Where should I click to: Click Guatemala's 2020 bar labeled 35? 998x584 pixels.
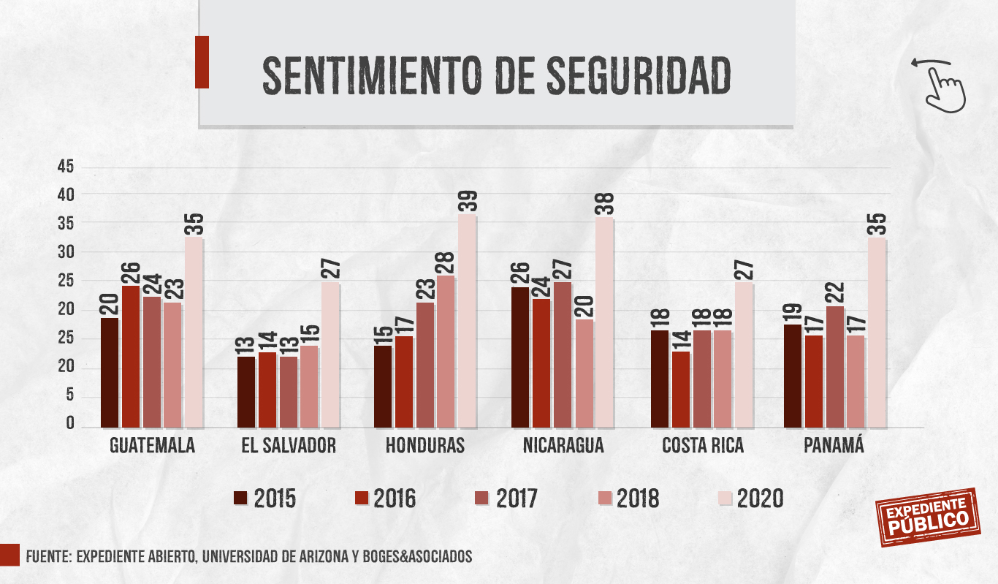click(194, 332)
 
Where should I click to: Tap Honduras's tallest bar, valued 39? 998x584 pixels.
click(467, 321)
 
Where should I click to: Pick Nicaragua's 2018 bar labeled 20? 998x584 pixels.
click(584, 373)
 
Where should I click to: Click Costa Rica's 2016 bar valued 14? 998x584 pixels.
click(681, 389)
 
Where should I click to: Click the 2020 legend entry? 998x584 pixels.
click(750, 498)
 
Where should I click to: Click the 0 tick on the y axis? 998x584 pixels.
click(70, 424)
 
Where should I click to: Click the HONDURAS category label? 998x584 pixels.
click(424, 446)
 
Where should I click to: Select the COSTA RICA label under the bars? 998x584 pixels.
click(703, 446)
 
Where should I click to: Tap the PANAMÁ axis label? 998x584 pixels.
click(834, 445)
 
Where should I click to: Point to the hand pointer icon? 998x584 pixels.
click(944, 86)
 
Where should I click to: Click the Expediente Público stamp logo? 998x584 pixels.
click(927, 516)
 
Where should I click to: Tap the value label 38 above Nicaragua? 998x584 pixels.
click(604, 204)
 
